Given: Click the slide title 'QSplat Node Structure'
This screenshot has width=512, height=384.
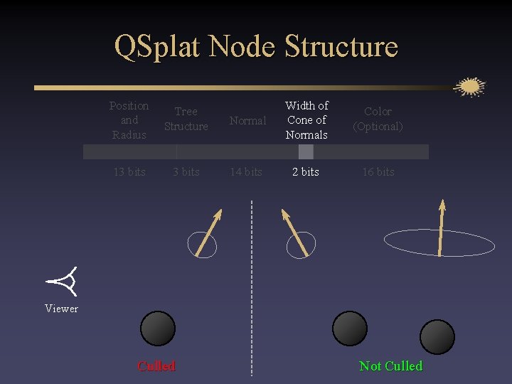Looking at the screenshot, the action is click(256, 47).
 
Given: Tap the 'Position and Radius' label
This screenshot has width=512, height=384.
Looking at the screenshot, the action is click(129, 120).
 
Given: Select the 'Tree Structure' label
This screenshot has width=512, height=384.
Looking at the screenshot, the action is click(186, 119).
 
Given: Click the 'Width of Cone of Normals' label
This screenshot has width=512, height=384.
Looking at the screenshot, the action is click(306, 120).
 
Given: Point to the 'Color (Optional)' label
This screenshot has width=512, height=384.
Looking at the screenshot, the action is click(378, 119).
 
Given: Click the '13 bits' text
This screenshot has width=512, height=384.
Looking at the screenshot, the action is click(129, 172).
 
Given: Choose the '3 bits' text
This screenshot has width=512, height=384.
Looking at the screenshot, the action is click(186, 172).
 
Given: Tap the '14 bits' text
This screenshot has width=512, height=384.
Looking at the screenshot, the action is click(246, 172).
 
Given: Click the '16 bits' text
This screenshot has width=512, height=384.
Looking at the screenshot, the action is click(378, 172).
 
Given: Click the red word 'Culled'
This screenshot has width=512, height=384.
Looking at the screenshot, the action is click(156, 366).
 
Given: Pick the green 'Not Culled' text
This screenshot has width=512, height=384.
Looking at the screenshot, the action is click(391, 366).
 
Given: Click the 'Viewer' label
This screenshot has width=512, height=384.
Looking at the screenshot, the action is click(61, 309).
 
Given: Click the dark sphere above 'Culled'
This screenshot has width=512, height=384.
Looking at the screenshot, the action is click(158, 329).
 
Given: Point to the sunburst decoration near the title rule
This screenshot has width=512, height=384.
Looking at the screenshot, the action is click(469, 87).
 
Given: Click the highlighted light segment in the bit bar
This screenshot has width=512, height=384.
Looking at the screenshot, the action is click(306, 152).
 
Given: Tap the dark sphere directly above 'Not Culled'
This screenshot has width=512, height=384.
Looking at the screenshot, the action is click(437, 337).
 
